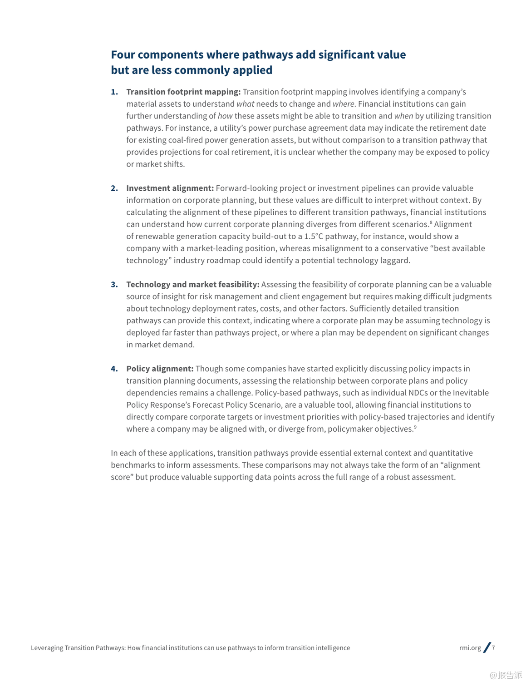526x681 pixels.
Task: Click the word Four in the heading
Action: [123, 55]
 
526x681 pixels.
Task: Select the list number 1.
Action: [114, 92]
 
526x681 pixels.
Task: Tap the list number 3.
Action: [114, 285]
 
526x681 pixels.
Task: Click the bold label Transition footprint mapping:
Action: [183, 92]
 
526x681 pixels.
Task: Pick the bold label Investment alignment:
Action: [170, 188]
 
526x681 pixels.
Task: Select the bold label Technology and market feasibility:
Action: [193, 285]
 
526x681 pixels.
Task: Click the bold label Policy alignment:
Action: [160, 369]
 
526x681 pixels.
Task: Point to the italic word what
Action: [245, 104]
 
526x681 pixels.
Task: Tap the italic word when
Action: [403, 116]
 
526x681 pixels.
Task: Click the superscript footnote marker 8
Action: [431, 222]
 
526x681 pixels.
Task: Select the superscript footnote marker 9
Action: [415, 427]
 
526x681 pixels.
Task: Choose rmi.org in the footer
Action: [470, 648]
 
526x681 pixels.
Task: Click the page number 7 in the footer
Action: [493, 648]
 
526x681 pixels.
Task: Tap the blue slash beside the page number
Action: [487, 648]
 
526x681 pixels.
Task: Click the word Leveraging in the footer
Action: [47, 648]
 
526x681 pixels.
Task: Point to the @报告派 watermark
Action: [506, 675]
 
